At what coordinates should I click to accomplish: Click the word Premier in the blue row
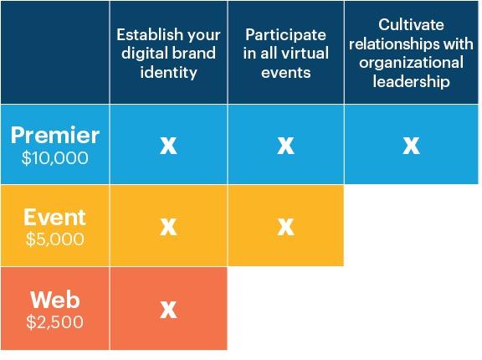55,136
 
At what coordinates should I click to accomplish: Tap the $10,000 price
55,158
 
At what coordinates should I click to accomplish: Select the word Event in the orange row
55,217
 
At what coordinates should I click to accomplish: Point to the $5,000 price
55,239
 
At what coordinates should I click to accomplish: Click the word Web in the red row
55,300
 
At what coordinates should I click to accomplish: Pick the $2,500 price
55,321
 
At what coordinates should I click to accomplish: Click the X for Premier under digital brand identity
168,146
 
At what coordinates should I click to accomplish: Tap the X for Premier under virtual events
286,146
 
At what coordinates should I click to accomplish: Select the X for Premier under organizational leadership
412,146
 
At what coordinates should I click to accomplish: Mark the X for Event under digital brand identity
168,227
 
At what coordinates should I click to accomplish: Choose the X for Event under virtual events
286,227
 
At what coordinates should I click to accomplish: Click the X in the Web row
168,309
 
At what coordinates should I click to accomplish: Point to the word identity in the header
168,73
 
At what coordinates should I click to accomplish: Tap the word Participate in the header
285,34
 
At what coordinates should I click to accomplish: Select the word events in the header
286,73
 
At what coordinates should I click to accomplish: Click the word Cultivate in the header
411,24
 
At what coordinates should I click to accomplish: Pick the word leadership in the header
412,82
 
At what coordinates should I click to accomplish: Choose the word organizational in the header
412,63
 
